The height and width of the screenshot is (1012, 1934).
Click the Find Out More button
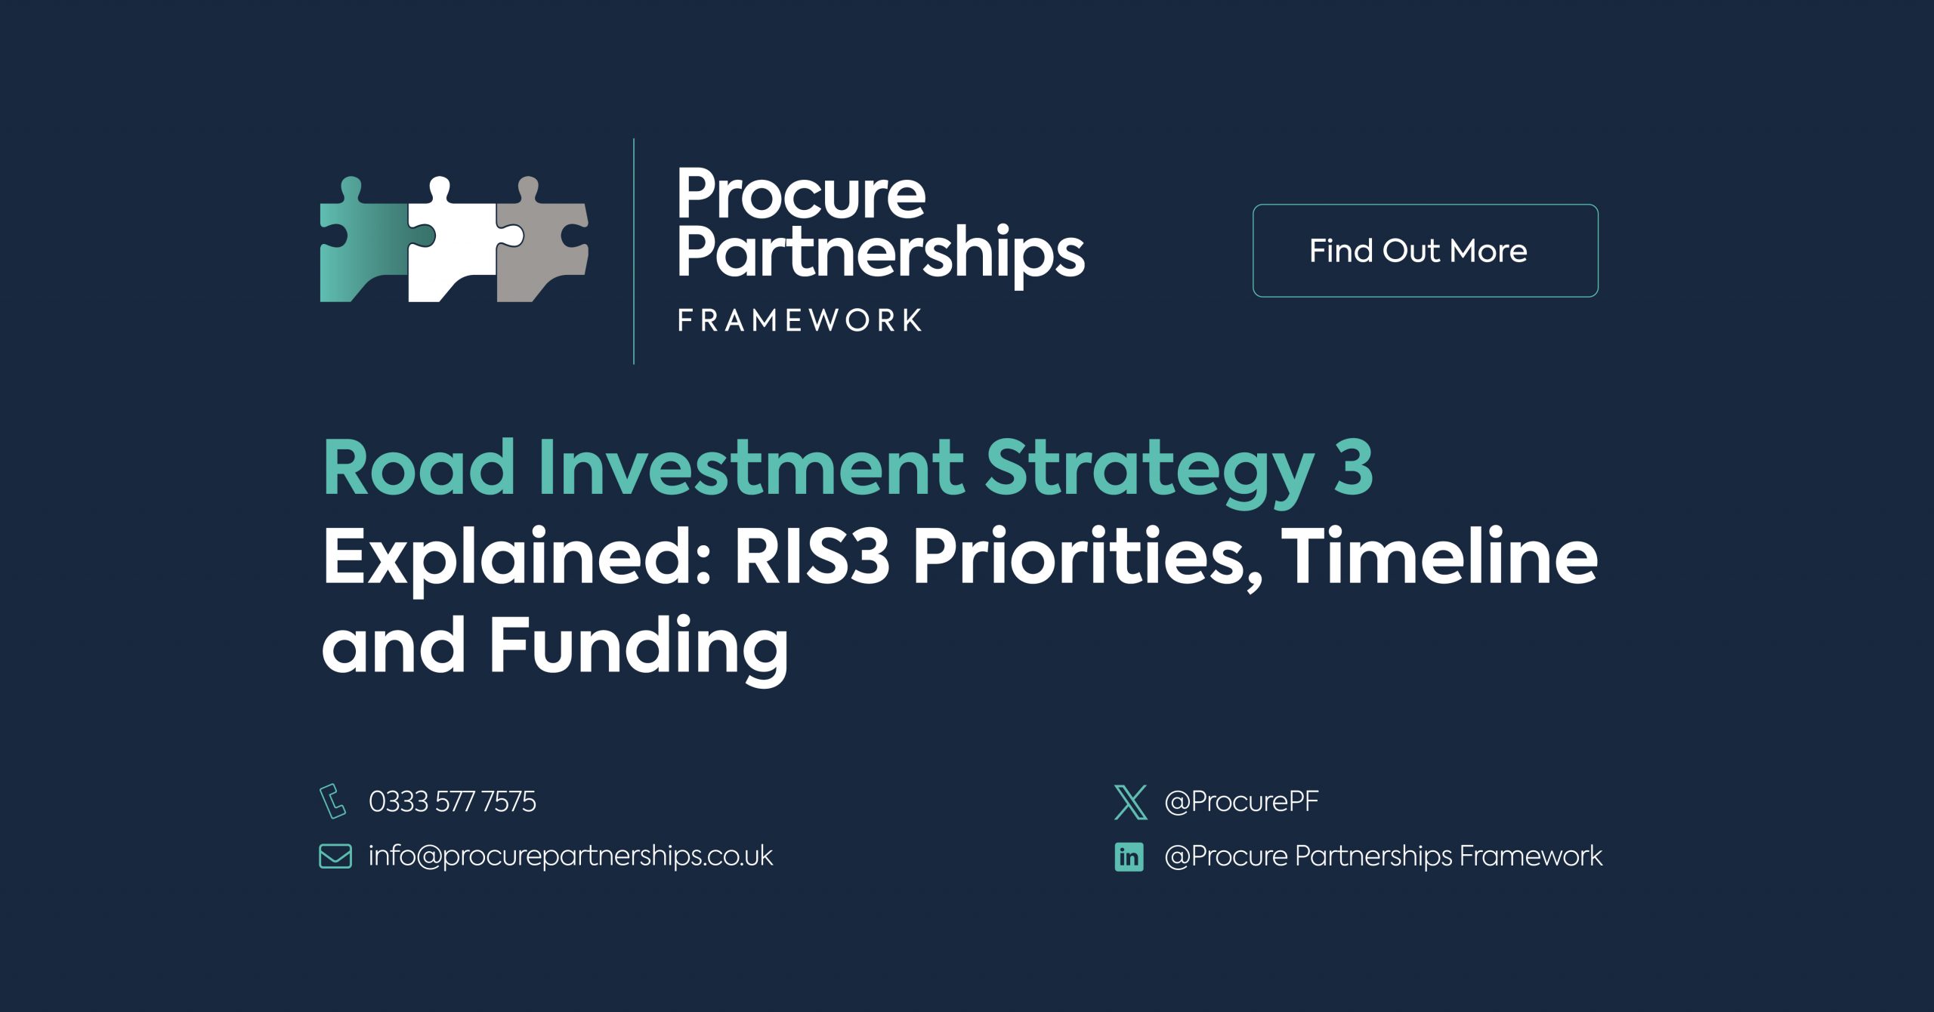pyautogui.click(x=1425, y=251)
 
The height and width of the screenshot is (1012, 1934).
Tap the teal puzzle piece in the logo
pyautogui.click(x=363, y=242)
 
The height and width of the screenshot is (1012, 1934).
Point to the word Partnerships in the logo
pyautogui.click(x=881, y=252)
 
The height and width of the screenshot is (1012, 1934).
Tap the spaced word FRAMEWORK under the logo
pyautogui.click(x=799, y=320)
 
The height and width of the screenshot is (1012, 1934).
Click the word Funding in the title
pyautogui.click(x=638, y=648)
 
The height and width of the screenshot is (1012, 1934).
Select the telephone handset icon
pyautogui.click(x=333, y=801)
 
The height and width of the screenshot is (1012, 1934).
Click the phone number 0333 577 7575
pyautogui.click(x=453, y=801)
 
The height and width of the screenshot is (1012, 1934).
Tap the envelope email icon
pyautogui.click(x=335, y=856)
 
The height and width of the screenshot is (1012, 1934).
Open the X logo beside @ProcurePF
pyautogui.click(x=1130, y=802)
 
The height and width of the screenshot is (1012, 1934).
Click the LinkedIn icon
pyautogui.click(x=1129, y=856)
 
